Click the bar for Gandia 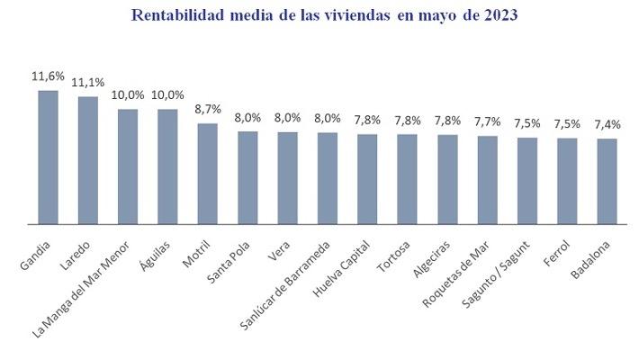48,157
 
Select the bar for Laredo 88,160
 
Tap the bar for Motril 208,174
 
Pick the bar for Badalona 607,181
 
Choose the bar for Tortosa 407,179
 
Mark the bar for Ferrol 567,181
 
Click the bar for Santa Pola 247,177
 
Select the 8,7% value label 208,109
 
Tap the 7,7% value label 487,121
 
